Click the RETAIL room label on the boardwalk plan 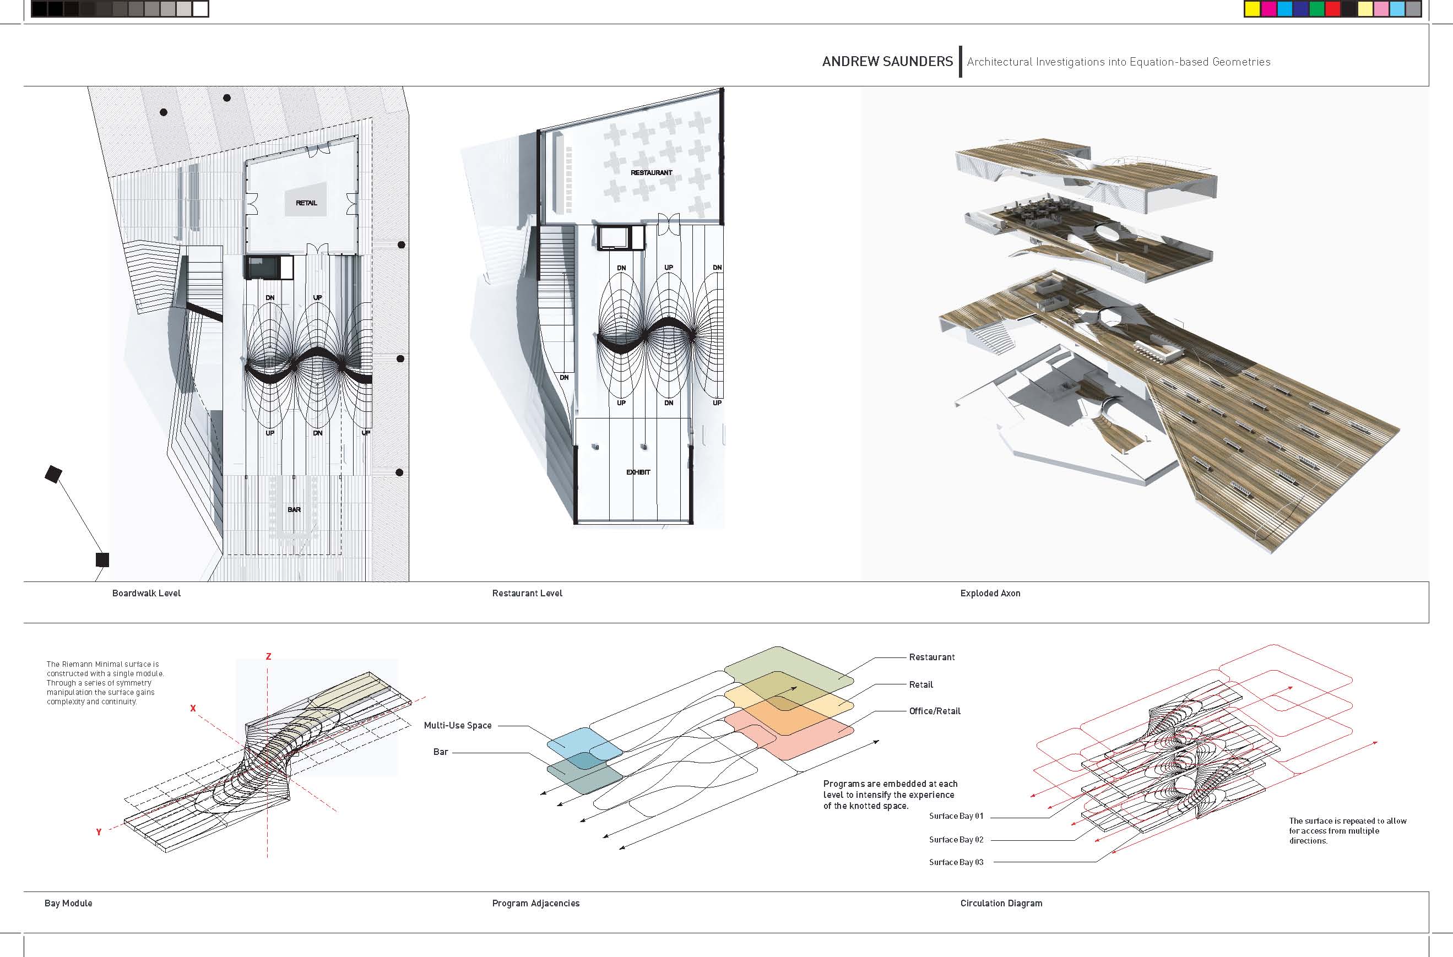coord(306,203)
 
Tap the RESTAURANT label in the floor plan coord(651,173)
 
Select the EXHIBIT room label coord(638,472)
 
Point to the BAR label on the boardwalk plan coord(294,509)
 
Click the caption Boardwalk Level coord(146,593)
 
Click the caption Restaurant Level coord(527,593)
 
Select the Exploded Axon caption coord(990,593)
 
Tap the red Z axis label coord(268,657)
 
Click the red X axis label coord(193,709)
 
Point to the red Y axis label coord(98,832)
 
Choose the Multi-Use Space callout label coord(457,725)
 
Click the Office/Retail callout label coord(934,711)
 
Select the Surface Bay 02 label coord(956,840)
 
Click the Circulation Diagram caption coord(1001,903)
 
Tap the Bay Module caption coord(68,903)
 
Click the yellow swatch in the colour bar coord(1252,9)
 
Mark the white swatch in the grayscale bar coord(200,9)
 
